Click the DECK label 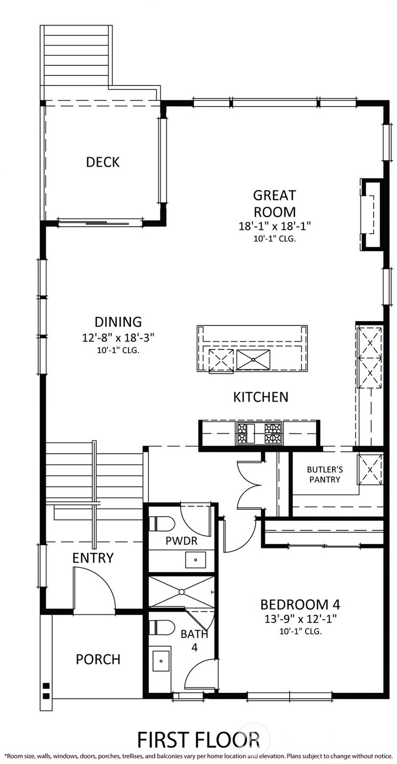(x=103, y=162)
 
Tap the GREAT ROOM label (x=274, y=204)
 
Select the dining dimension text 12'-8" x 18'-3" (x=118, y=338)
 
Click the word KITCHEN (x=261, y=397)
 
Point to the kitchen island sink (x=253, y=359)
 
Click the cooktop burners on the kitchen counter (x=259, y=434)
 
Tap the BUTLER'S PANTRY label (x=325, y=475)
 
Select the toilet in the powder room (x=162, y=523)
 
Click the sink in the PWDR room (x=196, y=560)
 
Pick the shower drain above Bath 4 (x=182, y=592)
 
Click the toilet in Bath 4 (x=162, y=627)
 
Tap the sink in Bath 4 (x=161, y=660)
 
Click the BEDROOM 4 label (x=300, y=604)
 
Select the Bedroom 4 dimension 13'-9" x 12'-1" (x=300, y=619)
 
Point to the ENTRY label (x=93, y=557)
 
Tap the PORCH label (x=98, y=659)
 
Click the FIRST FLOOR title (x=198, y=740)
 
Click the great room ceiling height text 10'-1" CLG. (x=274, y=239)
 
